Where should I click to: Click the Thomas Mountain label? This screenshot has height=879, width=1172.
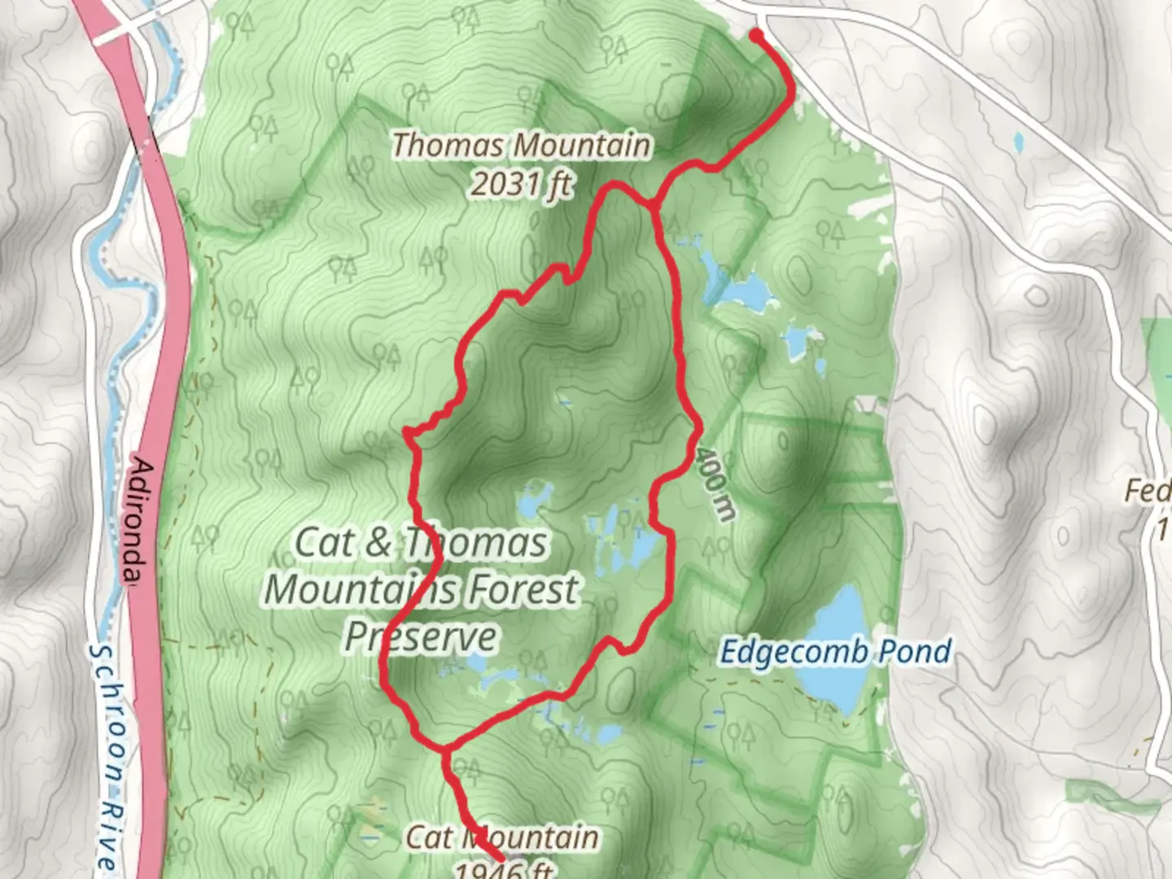tap(522, 146)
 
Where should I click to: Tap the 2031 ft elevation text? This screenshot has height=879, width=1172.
tap(522, 185)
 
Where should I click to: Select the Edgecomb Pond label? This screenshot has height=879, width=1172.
tap(836, 652)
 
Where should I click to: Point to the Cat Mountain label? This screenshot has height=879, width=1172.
tap(502, 837)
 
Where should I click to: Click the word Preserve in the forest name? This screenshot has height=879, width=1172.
tap(420, 636)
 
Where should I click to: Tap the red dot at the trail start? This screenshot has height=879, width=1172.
tap(756, 35)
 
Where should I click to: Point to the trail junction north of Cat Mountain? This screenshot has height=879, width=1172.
tap(445, 747)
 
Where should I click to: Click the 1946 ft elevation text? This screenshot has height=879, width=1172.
tap(502, 870)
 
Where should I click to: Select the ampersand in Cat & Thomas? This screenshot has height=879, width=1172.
tap(377, 543)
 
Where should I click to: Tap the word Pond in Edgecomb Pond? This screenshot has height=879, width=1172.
tap(917, 652)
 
